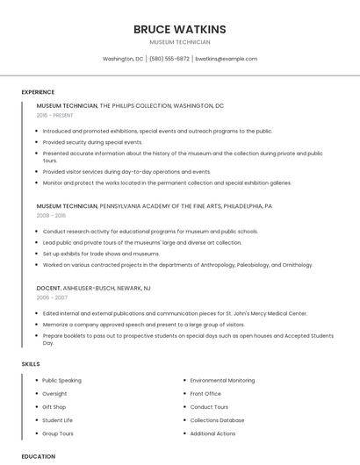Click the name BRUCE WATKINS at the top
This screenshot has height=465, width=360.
click(x=179, y=29)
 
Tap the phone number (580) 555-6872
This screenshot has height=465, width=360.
click(x=169, y=59)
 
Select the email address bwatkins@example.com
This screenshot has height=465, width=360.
click(x=226, y=59)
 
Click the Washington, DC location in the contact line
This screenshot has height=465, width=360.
click(x=123, y=59)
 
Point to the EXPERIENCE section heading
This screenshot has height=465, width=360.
click(x=38, y=92)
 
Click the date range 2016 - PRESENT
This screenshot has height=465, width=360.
click(x=56, y=115)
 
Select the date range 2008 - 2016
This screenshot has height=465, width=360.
click(x=51, y=215)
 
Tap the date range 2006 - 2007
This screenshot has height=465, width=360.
click(x=51, y=297)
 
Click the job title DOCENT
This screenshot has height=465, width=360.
click(x=48, y=288)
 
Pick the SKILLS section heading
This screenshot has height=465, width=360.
click(x=31, y=363)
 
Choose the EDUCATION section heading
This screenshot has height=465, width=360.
click(x=39, y=456)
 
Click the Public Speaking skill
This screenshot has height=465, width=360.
click(x=61, y=381)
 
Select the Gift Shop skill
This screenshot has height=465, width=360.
click(x=54, y=407)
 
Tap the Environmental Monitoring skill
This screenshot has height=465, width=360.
click(x=222, y=381)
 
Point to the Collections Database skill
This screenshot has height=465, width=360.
click(x=217, y=420)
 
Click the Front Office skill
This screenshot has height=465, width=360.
click(x=205, y=394)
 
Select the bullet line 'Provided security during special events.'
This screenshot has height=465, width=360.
click(x=92, y=141)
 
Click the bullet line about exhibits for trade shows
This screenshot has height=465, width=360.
click(x=101, y=254)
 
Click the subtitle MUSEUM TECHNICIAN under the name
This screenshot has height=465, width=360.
click(x=179, y=42)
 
